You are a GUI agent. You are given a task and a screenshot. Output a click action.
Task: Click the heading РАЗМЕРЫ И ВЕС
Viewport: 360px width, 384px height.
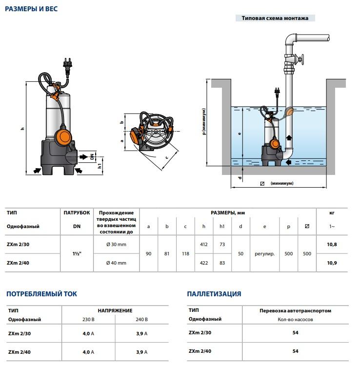[31, 9]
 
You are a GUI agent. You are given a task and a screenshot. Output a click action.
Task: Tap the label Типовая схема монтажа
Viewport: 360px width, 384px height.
[275, 19]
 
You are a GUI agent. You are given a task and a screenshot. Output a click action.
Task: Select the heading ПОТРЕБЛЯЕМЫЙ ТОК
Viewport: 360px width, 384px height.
[41, 294]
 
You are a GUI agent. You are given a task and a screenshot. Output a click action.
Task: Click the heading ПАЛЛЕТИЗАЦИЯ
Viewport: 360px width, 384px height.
[214, 294]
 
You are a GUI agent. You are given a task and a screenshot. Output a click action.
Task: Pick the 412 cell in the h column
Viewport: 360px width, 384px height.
[204, 244]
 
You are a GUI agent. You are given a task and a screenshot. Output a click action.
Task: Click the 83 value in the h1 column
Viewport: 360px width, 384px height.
[222, 263]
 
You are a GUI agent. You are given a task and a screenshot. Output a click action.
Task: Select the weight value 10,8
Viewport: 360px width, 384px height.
[332, 244]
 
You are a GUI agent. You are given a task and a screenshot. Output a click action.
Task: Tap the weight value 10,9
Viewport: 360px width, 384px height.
[332, 263]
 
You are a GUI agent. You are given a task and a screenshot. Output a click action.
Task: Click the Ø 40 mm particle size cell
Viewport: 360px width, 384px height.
[116, 263]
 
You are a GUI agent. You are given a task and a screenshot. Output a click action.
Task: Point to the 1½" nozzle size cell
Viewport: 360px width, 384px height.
[77, 253]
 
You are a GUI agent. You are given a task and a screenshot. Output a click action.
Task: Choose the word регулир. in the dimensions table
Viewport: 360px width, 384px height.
[264, 254]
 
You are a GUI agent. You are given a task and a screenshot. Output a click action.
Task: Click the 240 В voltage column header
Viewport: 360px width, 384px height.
[141, 320]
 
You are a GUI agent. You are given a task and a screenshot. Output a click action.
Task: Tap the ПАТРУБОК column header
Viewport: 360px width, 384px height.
[77, 213]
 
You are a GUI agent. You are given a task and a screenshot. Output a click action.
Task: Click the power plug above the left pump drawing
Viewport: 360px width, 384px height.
[66, 63]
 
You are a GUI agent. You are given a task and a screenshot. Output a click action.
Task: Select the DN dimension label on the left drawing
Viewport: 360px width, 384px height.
[92, 156]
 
